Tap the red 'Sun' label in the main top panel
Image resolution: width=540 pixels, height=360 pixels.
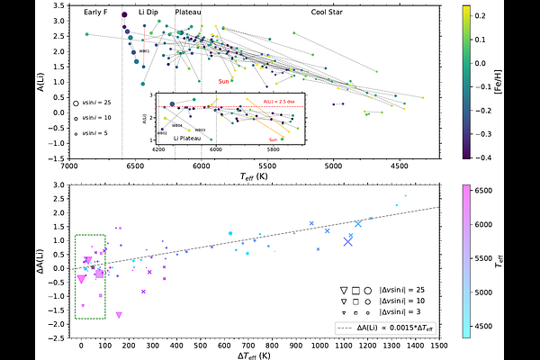pos(223,82)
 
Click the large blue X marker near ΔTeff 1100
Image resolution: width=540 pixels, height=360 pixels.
pos(348,240)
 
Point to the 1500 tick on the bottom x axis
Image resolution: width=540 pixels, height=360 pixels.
pos(439,346)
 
